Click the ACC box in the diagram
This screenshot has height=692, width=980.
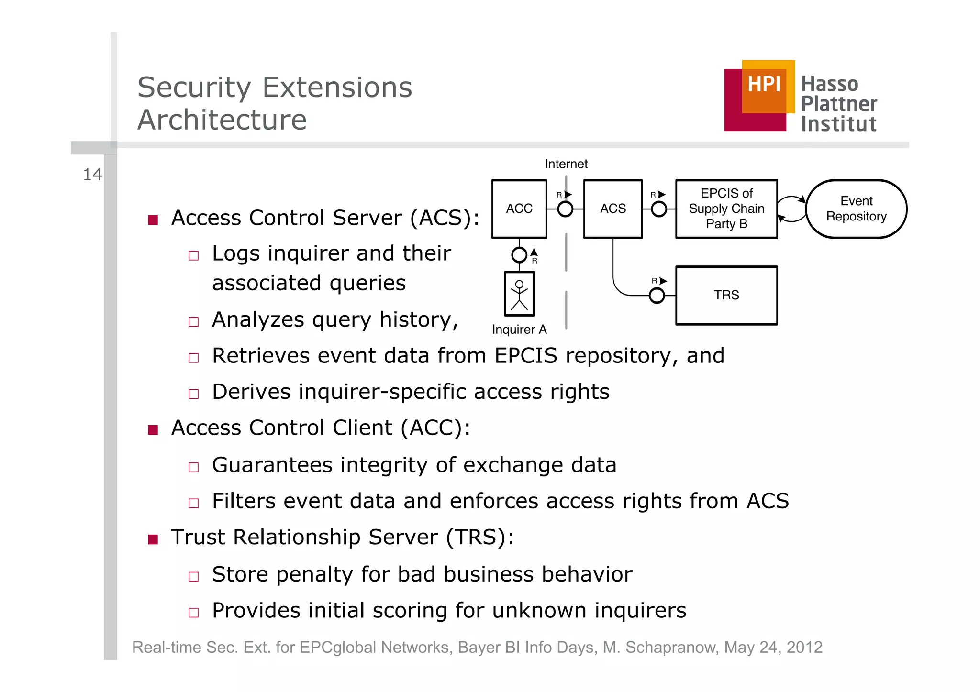[519, 209]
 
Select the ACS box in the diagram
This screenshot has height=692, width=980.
[613, 209]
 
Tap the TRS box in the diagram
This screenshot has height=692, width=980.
[726, 296]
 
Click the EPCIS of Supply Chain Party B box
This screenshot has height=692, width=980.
[726, 209]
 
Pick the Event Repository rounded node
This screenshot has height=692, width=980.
[856, 209]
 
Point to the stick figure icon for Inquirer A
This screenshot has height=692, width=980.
[519, 294]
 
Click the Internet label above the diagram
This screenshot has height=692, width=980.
[566, 164]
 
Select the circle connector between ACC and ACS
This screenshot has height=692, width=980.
[565, 209]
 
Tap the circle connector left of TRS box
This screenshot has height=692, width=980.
[657, 296]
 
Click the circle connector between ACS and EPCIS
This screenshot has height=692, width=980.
[659, 209]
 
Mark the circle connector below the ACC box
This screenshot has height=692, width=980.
[519, 255]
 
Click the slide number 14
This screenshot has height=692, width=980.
[92, 175]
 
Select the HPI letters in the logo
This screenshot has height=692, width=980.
[764, 85]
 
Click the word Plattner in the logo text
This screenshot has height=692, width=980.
[839, 104]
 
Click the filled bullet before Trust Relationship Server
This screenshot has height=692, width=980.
[153, 540]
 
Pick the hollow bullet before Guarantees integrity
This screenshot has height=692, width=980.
[193, 467]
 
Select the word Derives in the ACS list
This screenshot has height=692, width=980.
[251, 392]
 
